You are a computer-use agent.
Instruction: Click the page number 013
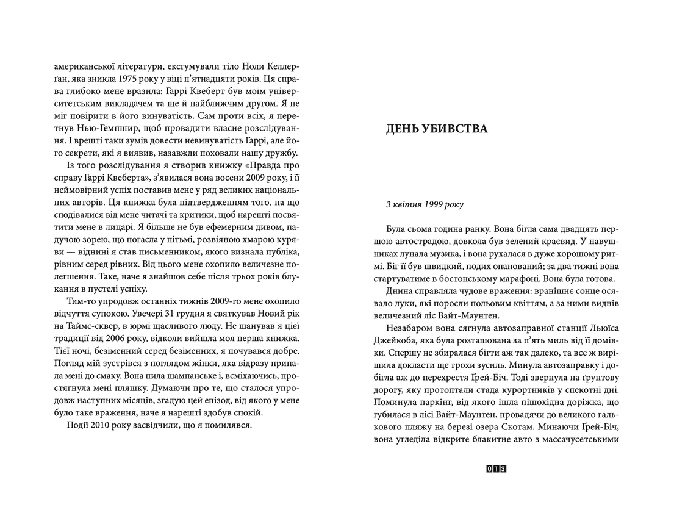pos(497,468)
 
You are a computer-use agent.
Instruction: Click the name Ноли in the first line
pos(240,65)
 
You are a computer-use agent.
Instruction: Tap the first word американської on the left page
pos(85,65)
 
